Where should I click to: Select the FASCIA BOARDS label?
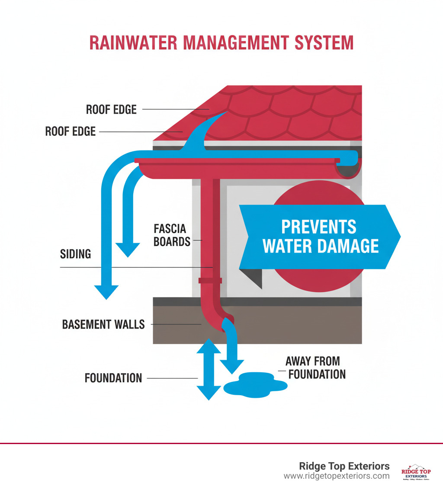pos(172,234)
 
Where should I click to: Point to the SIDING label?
pos(75,253)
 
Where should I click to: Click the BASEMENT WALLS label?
pos(103,324)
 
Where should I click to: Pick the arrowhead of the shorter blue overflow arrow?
pos(128,249)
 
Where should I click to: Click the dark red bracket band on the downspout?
pos(210,281)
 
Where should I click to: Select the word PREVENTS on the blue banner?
pos(319,227)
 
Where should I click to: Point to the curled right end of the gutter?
pos(350,166)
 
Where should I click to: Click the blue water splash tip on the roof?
pos(223,113)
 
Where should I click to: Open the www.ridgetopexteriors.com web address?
pos(337,476)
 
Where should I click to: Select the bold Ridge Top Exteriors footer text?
pos(344,466)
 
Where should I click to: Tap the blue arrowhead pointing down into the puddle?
pos(232,366)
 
